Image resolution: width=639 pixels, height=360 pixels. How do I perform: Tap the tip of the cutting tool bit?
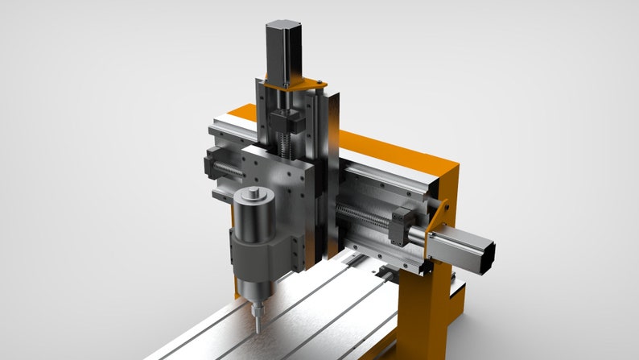tap(257, 330)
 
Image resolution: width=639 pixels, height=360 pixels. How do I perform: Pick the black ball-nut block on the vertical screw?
tap(286, 123)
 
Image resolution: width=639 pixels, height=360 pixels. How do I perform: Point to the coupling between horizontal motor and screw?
tap(418, 234)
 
